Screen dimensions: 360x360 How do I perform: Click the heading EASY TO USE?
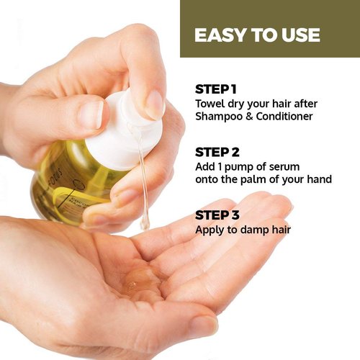pos(257,35)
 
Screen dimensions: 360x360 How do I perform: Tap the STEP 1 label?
pos(215,89)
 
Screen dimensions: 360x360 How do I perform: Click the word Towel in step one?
pos(211,103)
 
